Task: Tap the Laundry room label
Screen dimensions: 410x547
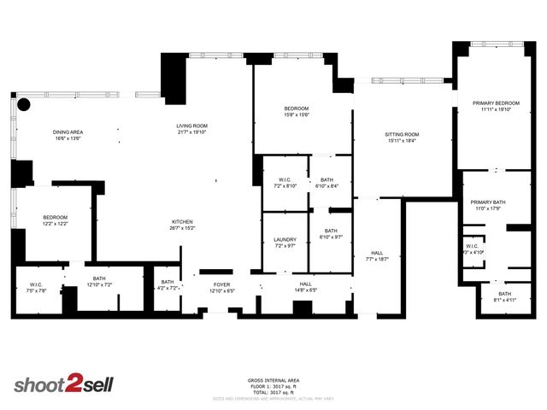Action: point(285,242)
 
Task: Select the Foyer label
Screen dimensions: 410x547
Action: point(222,285)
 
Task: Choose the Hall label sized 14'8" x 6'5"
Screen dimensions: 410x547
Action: point(305,286)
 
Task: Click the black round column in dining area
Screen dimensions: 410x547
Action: point(24,105)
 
